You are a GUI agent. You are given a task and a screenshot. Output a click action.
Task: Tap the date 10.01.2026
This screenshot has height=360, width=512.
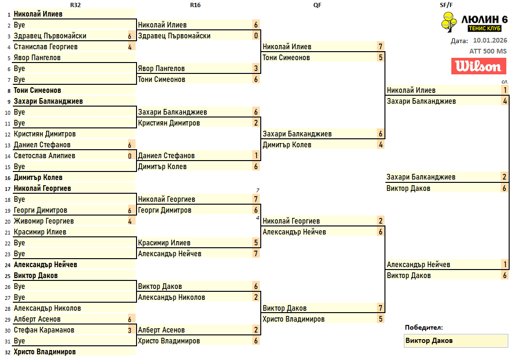pyautogui.click(x=490, y=41)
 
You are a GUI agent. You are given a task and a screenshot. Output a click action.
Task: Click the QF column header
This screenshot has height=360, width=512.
pyautogui.click(x=318, y=5)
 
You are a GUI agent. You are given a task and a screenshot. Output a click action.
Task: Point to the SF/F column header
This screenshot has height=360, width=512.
pyautogui.click(x=447, y=5)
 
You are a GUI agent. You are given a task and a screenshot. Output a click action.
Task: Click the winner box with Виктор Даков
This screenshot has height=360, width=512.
pyautogui.click(x=455, y=341)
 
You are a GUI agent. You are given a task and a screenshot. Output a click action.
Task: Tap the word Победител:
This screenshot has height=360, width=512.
pyautogui.click(x=424, y=327)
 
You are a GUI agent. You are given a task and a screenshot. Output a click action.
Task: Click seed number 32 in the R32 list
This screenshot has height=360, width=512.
pyautogui.click(x=7, y=352)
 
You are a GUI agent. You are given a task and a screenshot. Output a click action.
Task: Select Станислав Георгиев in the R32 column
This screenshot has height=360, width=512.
pyautogui.click(x=46, y=47)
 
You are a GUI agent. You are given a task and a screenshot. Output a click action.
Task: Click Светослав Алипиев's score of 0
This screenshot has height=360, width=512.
pyautogui.click(x=129, y=156)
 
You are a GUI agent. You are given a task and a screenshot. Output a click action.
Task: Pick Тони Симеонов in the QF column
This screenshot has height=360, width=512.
pyautogui.click(x=286, y=58)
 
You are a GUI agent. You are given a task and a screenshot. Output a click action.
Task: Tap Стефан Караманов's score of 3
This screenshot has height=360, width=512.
pyautogui.click(x=129, y=330)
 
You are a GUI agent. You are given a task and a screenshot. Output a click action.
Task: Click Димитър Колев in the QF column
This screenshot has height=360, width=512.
pyautogui.click(x=287, y=145)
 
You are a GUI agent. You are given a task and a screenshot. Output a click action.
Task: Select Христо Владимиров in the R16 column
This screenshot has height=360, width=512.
pyautogui.click(x=169, y=341)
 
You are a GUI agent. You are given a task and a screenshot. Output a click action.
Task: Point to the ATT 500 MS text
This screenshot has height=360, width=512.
pyautogui.click(x=488, y=51)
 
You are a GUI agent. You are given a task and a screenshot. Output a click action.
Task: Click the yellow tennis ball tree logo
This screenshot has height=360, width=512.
pyautogui.click(x=448, y=22)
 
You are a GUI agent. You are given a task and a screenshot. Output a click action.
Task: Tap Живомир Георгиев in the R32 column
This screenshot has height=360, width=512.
pyautogui.click(x=44, y=221)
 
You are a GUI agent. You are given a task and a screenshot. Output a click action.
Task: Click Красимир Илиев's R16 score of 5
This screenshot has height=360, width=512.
pyautogui.click(x=256, y=243)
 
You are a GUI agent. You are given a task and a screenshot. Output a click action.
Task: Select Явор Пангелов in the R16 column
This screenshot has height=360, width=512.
pyautogui.click(x=161, y=69)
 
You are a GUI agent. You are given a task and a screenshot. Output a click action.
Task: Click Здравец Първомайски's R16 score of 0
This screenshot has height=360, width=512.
pyautogui.click(x=256, y=36)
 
